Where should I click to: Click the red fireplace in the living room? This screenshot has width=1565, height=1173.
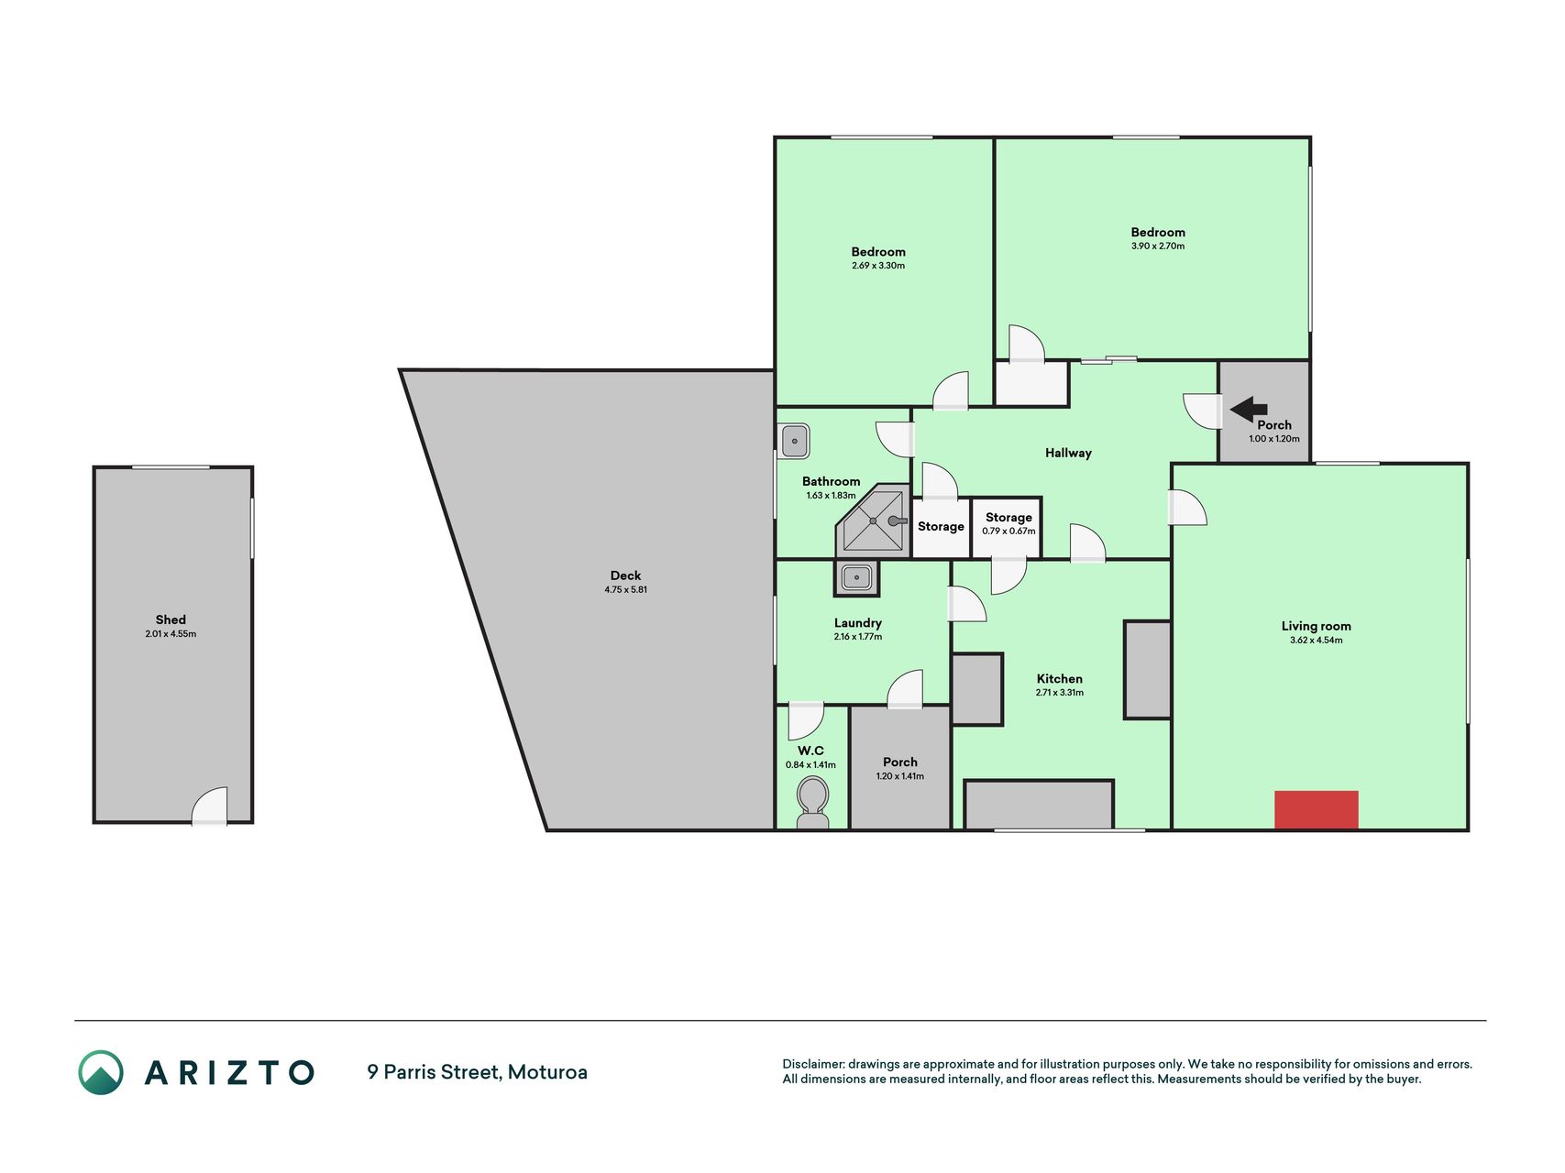1316,810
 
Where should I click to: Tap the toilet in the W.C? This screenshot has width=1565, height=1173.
812,803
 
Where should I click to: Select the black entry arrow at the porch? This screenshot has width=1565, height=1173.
1248,410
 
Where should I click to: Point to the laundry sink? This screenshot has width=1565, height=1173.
856,577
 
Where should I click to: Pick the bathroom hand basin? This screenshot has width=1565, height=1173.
794,441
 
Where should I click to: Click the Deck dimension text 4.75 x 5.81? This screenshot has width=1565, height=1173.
626,589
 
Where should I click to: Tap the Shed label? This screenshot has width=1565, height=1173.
171,619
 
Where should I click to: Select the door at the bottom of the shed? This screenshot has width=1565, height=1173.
209,806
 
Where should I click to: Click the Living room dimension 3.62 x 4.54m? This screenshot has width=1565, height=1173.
1316,640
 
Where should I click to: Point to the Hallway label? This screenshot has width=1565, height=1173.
1068,453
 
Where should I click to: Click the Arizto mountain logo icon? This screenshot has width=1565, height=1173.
101,1072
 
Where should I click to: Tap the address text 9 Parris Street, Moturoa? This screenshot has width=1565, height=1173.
477,1072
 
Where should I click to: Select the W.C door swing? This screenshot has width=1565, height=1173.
806,720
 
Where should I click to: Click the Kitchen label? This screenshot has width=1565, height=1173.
1060,679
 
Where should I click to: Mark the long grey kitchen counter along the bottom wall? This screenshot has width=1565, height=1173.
1039,805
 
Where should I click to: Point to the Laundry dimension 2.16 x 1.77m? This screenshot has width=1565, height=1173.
858,637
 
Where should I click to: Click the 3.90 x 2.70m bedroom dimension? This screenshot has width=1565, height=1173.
1158,246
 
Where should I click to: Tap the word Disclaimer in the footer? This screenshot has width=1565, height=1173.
812,1064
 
